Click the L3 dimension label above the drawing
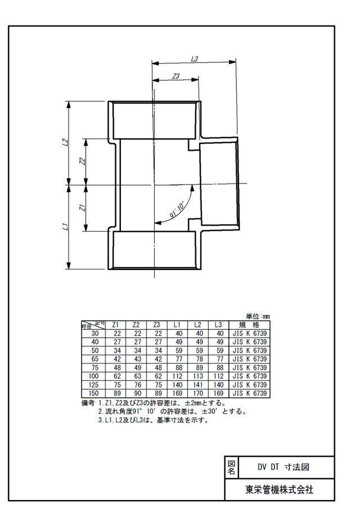click(x=195, y=58)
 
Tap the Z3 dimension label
click(x=175, y=76)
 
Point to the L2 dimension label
click(x=65, y=142)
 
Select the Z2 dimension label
click(x=83, y=161)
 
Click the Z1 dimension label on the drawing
click(x=83, y=208)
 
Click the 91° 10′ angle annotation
click(x=177, y=210)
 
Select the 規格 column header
click(x=249, y=325)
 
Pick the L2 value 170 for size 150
click(x=197, y=394)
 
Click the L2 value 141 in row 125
click(x=197, y=385)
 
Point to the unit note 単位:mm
click(x=258, y=317)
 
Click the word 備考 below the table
click(x=88, y=403)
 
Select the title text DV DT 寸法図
click(x=283, y=467)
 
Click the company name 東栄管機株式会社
click(x=280, y=489)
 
